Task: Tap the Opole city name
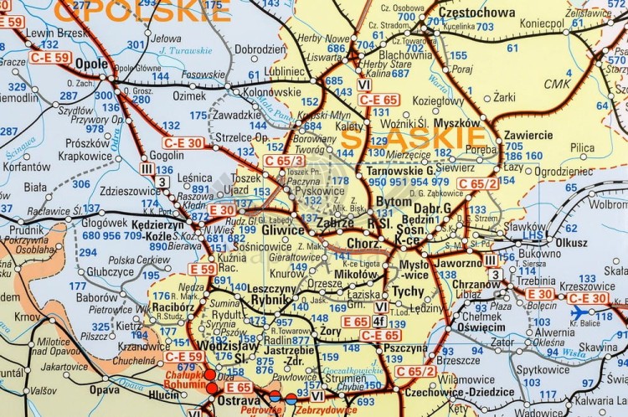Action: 91,64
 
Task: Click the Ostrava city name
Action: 240,403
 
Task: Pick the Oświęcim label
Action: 481,327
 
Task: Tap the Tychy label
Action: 408,291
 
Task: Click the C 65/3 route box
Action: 284,160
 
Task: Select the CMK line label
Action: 557,84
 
